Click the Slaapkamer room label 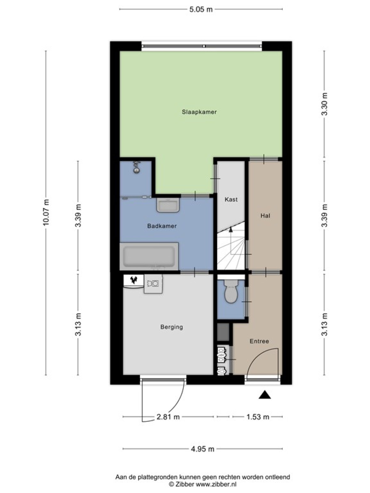click(x=199, y=112)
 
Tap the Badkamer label click(x=162, y=226)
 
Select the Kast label click(x=231, y=199)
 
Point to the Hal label click(x=265, y=216)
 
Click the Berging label click(x=172, y=327)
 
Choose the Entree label click(x=259, y=341)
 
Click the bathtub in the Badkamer click(x=149, y=256)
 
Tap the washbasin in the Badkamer click(x=168, y=205)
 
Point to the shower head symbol click(x=136, y=168)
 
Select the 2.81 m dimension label click(x=168, y=417)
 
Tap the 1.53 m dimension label click(x=258, y=417)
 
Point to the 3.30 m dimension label click(x=324, y=104)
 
